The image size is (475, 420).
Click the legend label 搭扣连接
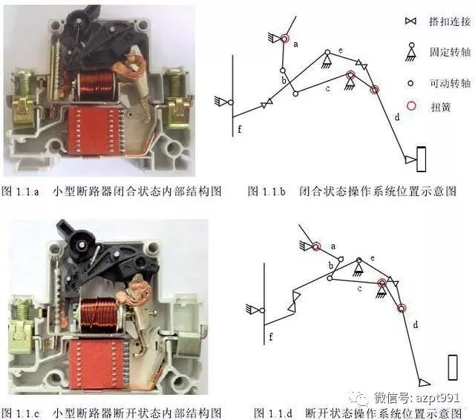click(450, 22)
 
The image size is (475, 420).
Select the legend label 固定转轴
click(450, 53)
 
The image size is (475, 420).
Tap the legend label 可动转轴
click(450, 84)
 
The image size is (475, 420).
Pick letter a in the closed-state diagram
click(295, 45)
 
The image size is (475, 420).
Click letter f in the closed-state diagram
click(240, 130)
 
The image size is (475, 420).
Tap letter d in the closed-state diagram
click(397, 117)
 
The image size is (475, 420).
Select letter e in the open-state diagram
click(372, 257)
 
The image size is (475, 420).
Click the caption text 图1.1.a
click(21, 191)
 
